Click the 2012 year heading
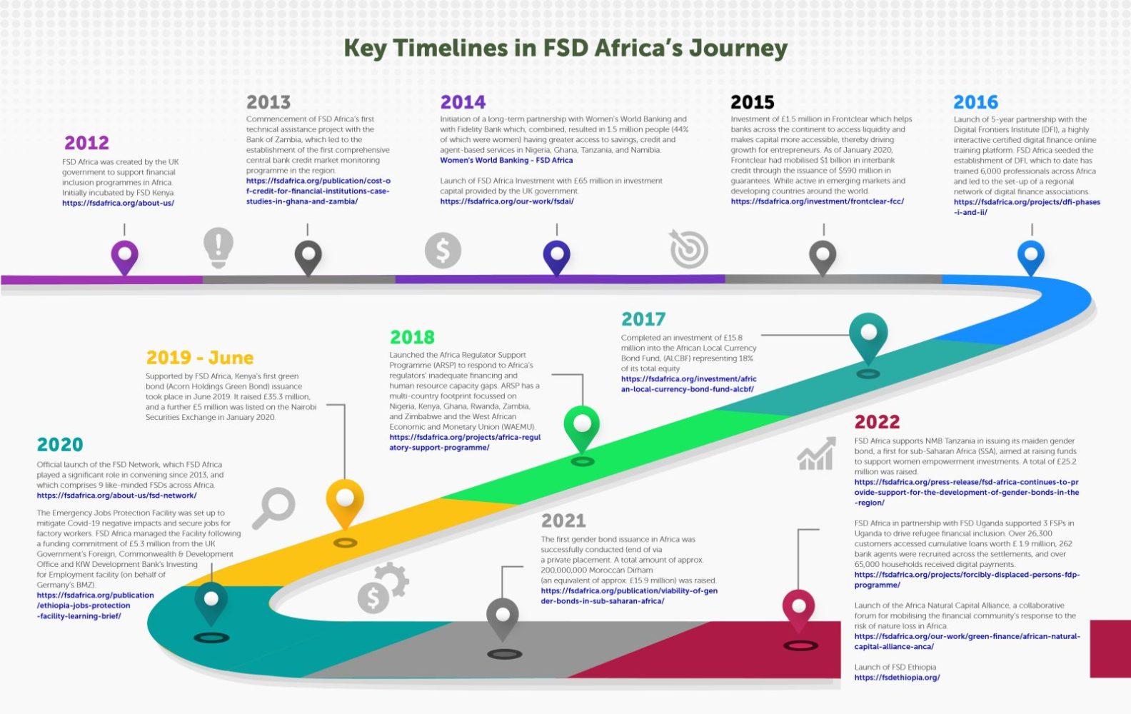[x=86, y=143]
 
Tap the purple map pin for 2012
[x=125, y=256]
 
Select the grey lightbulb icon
[x=218, y=248]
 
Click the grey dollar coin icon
[x=443, y=251]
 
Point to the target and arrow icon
[x=689, y=248]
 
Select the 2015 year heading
[x=753, y=103]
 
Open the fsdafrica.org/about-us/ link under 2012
[x=118, y=203]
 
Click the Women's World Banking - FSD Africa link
[x=506, y=160]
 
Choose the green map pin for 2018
[x=582, y=427]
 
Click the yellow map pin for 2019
[x=345, y=503]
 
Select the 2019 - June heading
[x=200, y=358]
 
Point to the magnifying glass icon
[x=274, y=508]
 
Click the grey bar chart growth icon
[x=816, y=453]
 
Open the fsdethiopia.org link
[x=898, y=678]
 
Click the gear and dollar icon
[x=383, y=588]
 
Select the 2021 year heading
[x=563, y=521]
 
